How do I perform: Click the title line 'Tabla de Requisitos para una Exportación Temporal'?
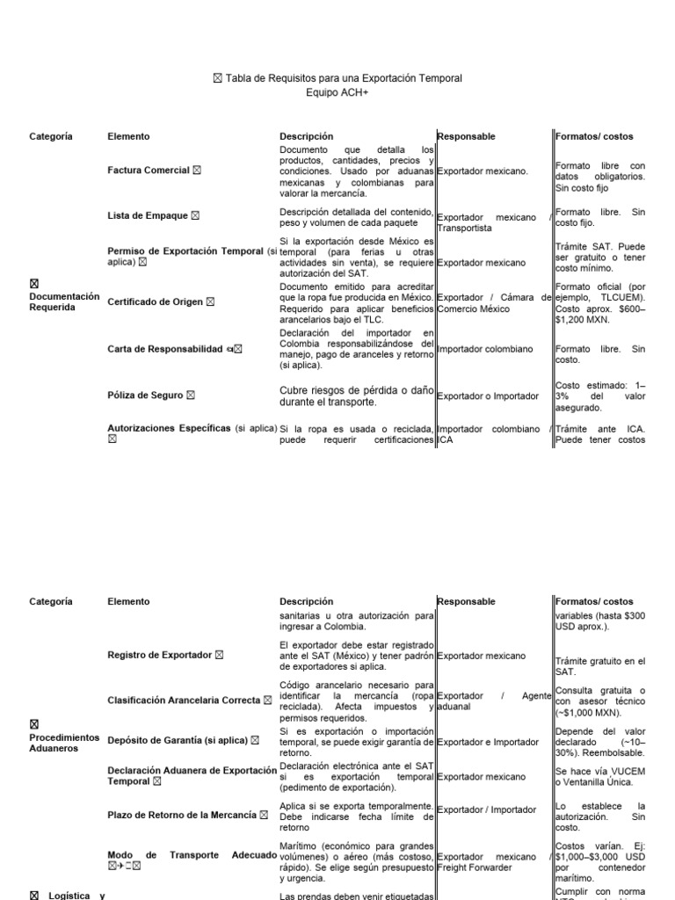(x=343, y=78)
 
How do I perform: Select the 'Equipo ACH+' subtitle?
(x=337, y=91)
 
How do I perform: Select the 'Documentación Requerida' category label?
(x=64, y=301)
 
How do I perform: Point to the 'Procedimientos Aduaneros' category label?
(x=64, y=743)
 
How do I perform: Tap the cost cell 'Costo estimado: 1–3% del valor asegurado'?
(x=600, y=396)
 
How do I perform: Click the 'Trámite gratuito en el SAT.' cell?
(x=600, y=666)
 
